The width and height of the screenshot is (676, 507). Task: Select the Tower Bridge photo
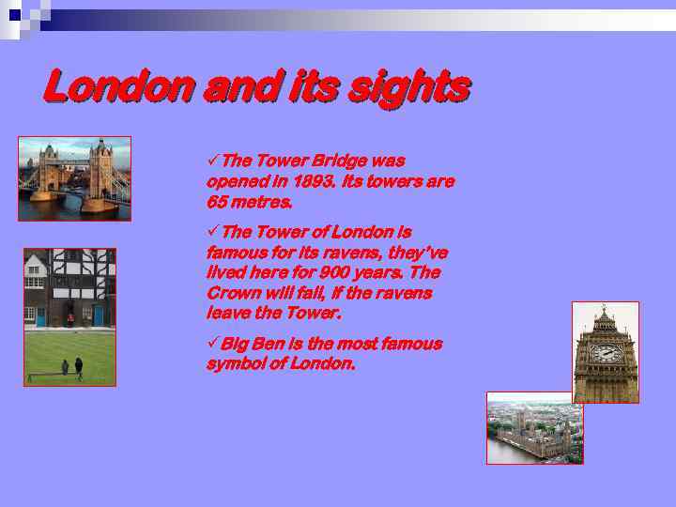74,178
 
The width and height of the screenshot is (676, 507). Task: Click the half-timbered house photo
69,316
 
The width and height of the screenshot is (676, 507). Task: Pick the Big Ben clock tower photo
606,352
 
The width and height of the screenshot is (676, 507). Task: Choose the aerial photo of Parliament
534,428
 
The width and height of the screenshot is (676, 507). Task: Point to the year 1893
314,181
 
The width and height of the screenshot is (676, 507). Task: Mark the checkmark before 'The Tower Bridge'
212,161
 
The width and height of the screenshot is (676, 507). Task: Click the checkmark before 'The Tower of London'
212,231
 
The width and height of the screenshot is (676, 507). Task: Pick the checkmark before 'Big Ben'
212,344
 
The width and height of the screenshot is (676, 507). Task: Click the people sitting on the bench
71,366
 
